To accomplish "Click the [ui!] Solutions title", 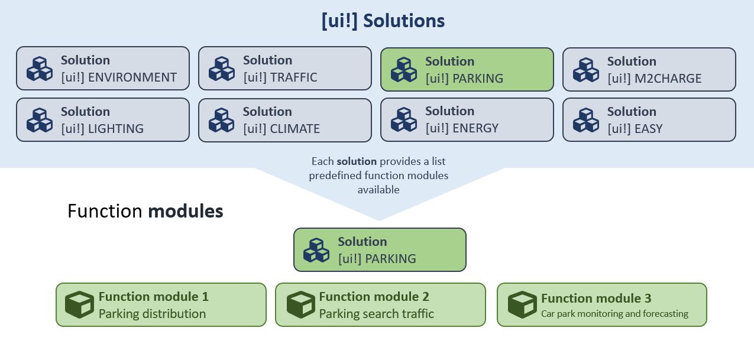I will tap(383, 21).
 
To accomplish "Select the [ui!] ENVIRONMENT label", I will tap(119, 77).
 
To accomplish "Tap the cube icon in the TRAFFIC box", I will tap(222, 69).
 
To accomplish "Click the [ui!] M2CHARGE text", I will tap(654, 79).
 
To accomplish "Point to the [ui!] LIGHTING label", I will tap(102, 129).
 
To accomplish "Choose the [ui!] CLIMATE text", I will tap(281, 129).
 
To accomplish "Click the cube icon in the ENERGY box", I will tap(404, 119).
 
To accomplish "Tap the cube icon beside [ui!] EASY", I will tap(586, 119).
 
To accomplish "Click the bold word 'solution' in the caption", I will tap(357, 161).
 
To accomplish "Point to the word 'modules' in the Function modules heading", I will tap(186, 211).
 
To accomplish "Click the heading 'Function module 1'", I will tap(154, 297).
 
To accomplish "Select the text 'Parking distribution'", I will tap(152, 314).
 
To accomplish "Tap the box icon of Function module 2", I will tap(301, 304).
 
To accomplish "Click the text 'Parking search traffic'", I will tap(376, 314).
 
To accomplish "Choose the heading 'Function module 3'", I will tap(596, 299).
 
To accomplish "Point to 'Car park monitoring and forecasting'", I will tap(614, 314).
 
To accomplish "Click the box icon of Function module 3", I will tap(522, 304).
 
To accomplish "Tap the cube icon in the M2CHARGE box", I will tap(586, 70).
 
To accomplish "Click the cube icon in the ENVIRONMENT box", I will tap(40, 69).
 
